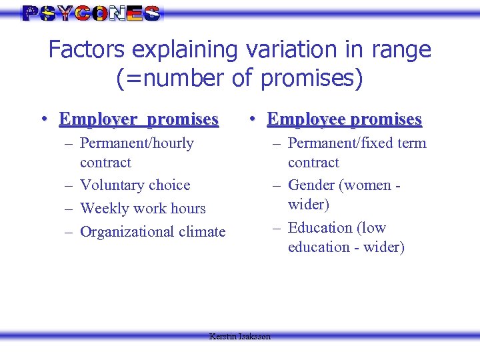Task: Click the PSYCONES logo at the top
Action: (x=91, y=13)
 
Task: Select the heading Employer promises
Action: (x=139, y=119)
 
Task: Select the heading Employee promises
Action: (x=344, y=119)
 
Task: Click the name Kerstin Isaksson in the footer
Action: (x=240, y=337)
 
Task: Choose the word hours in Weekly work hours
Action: (x=187, y=208)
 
